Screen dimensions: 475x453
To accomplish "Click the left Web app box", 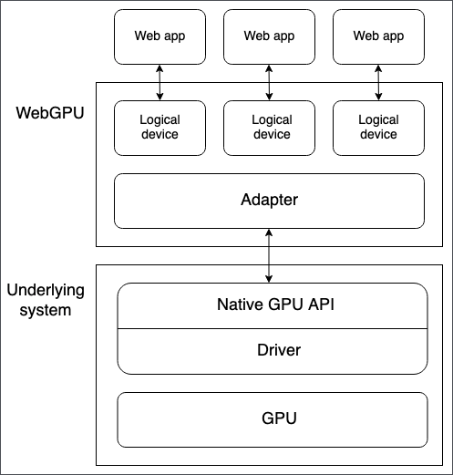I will click(x=160, y=36).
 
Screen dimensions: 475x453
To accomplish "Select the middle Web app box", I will click(x=269, y=36).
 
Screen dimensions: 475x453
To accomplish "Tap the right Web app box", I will click(x=378, y=36).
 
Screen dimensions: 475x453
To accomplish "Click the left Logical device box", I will click(x=160, y=127).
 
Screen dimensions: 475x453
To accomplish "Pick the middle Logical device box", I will click(x=271, y=127).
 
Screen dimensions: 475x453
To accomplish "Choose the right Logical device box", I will click(x=378, y=127).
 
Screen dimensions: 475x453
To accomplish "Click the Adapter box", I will click(x=269, y=201).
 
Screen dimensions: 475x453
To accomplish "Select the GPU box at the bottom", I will click(x=273, y=419).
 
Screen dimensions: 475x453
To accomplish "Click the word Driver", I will click(x=273, y=350).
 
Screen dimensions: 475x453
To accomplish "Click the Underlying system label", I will click(x=46, y=300).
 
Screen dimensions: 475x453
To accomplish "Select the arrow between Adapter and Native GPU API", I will click(x=269, y=255).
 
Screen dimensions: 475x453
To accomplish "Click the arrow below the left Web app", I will click(x=160, y=82).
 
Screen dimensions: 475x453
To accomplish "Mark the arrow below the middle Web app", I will click(x=269, y=82).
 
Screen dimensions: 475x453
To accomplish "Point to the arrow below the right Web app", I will click(x=378, y=82).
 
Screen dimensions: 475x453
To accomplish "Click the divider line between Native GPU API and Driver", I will click(x=273, y=328).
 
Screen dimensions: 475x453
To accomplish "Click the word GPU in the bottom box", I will click(x=273, y=419).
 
